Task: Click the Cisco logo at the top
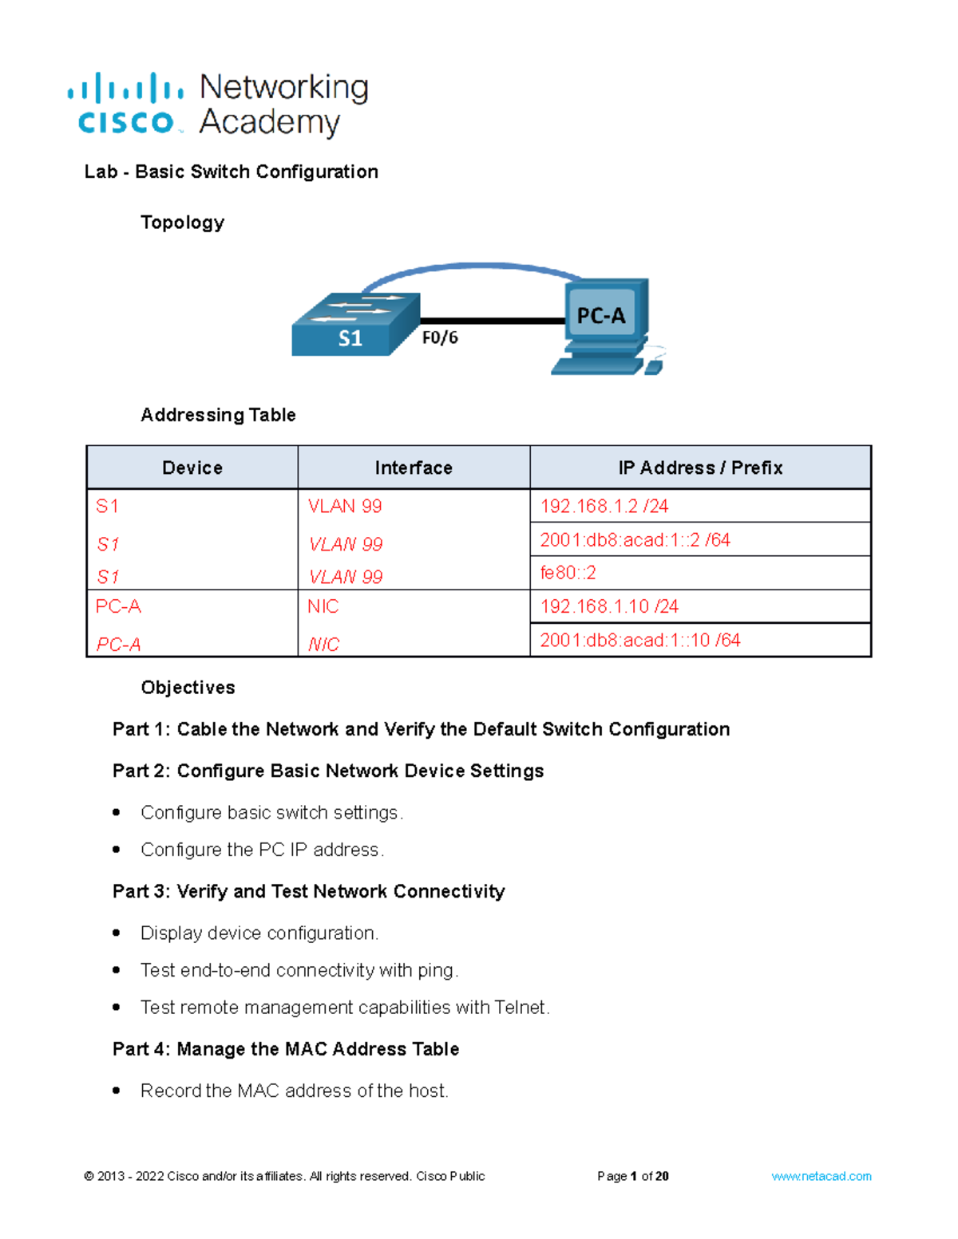pyautogui.click(x=126, y=105)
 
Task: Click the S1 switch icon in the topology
pyautogui.click(x=355, y=325)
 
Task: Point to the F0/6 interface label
pyautogui.click(x=440, y=337)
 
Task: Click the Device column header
pyautogui.click(x=192, y=468)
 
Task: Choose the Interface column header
pyautogui.click(x=414, y=468)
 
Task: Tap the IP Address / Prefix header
pyautogui.click(x=700, y=468)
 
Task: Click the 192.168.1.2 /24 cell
pyautogui.click(x=604, y=506)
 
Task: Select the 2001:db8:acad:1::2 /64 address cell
pyautogui.click(x=635, y=540)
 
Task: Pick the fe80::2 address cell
pyautogui.click(x=568, y=573)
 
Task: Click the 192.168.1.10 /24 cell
pyautogui.click(x=609, y=606)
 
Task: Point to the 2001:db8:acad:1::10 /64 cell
pyautogui.click(x=640, y=640)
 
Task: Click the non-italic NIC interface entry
pyautogui.click(x=323, y=606)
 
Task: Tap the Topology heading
pyautogui.click(x=182, y=223)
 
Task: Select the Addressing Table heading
pyautogui.click(x=218, y=415)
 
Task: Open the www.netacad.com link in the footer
pyautogui.click(x=821, y=1176)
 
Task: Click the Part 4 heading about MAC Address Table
pyautogui.click(x=286, y=1049)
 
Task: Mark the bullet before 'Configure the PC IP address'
pyautogui.click(x=117, y=850)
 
